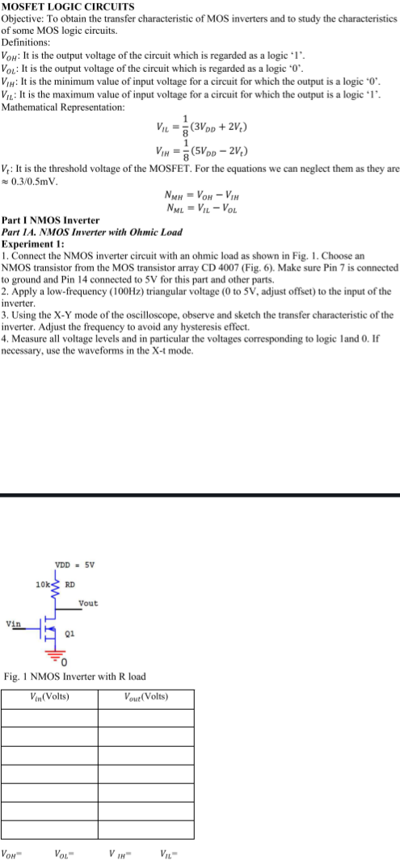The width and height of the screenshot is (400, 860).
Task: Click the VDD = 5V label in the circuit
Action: [71, 564]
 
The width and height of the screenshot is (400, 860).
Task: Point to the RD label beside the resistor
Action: [70, 583]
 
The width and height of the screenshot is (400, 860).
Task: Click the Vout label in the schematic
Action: [88, 603]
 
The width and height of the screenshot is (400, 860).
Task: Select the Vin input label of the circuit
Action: [14, 623]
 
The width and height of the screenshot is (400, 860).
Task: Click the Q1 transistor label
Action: [70, 634]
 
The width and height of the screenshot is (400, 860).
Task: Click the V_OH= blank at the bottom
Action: [11, 852]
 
